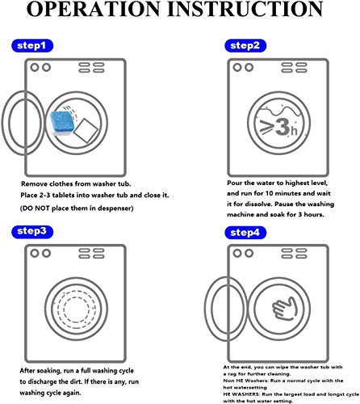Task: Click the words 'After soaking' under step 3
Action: click(x=37, y=370)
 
